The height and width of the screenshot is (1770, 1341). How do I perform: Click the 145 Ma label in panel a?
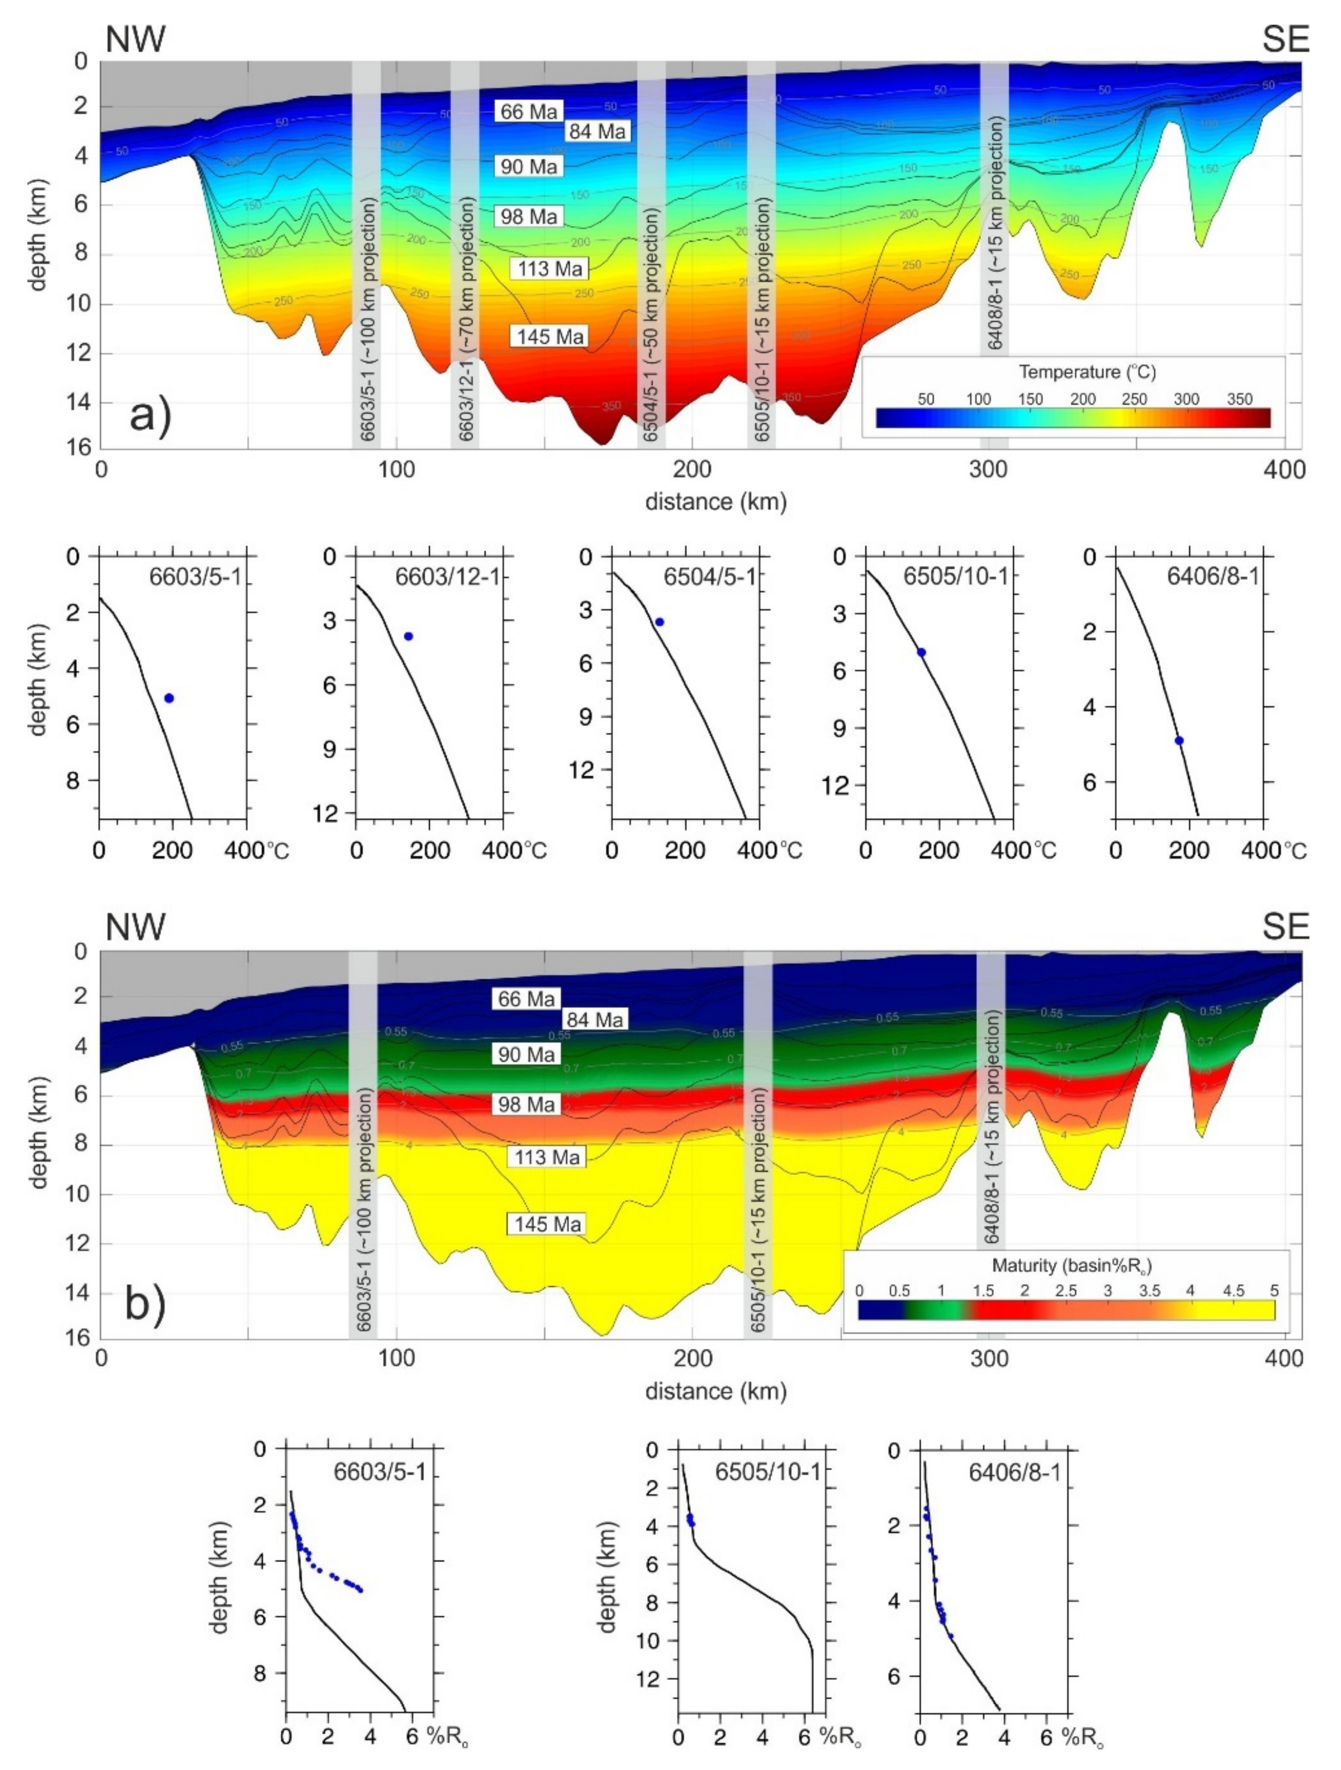click(549, 336)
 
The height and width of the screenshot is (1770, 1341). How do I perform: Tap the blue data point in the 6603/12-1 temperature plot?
click(408, 636)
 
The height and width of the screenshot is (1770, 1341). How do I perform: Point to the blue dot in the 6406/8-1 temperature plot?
click(1179, 741)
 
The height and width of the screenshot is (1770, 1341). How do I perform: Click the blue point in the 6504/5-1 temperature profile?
click(660, 622)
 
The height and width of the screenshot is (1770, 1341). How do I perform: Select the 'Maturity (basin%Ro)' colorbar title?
click(1071, 1265)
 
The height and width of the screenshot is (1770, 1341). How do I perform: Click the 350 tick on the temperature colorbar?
click(1239, 399)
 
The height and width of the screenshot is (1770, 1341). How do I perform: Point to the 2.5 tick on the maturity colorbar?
click(1066, 1291)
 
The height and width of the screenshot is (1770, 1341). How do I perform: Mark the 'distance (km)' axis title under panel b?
click(716, 1391)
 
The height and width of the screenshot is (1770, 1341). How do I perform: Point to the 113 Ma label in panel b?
click(547, 1157)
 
